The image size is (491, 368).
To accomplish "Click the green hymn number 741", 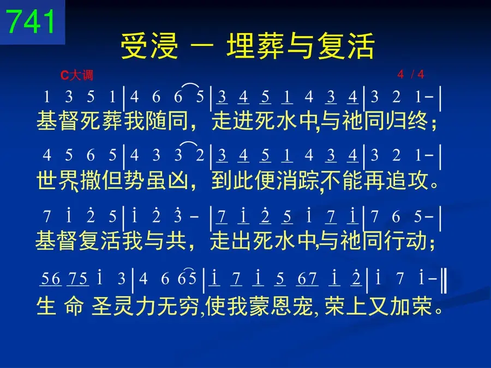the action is pos(31,21).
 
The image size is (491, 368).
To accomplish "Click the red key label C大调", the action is pos(77,75).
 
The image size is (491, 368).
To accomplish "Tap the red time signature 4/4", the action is pos(410,74).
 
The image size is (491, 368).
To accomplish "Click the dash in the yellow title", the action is pos(202,46).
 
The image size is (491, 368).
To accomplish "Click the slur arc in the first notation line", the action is pos(190,86).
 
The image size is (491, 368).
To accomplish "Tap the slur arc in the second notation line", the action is pos(190,144).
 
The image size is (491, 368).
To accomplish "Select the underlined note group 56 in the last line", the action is pos(51,279).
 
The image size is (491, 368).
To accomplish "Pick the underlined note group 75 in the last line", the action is pos(78,279).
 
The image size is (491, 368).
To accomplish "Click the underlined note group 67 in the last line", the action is pos(307,279).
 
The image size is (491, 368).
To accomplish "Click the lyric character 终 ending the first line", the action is pos(418,121).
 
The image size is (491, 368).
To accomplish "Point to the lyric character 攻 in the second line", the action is pos(418,180).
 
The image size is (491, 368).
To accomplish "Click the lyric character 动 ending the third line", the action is pos(416,240).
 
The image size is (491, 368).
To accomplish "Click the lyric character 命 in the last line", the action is pos(74,306).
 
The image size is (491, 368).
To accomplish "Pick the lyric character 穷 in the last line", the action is pos(189,306).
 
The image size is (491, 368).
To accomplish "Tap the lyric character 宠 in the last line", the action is pos(303,306).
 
